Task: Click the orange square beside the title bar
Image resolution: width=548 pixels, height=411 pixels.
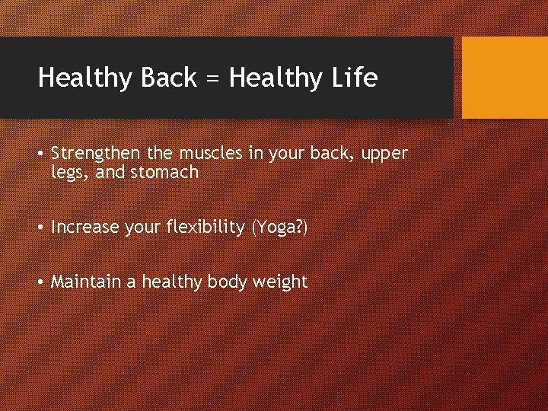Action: pos(505,78)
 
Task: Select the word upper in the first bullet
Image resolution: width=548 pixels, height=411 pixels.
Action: pos(385,155)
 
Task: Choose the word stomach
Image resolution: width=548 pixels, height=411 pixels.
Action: pos(164,172)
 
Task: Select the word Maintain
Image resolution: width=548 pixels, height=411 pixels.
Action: pos(85,282)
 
